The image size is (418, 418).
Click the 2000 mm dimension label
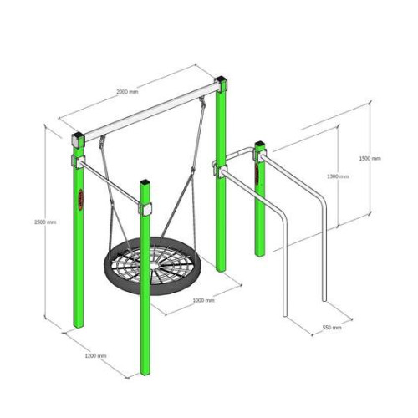[x=127, y=91]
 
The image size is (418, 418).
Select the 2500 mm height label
[x=45, y=222]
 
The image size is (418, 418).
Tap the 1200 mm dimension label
[x=95, y=355]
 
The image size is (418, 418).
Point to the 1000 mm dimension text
[x=204, y=300]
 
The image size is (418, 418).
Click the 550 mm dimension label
[x=332, y=327]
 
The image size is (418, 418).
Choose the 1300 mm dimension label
[x=338, y=176]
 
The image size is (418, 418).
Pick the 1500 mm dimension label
[x=370, y=158]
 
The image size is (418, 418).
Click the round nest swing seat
[x=152, y=265]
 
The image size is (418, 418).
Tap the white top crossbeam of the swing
[x=150, y=112]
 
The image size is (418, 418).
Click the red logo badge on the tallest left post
[x=80, y=200]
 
